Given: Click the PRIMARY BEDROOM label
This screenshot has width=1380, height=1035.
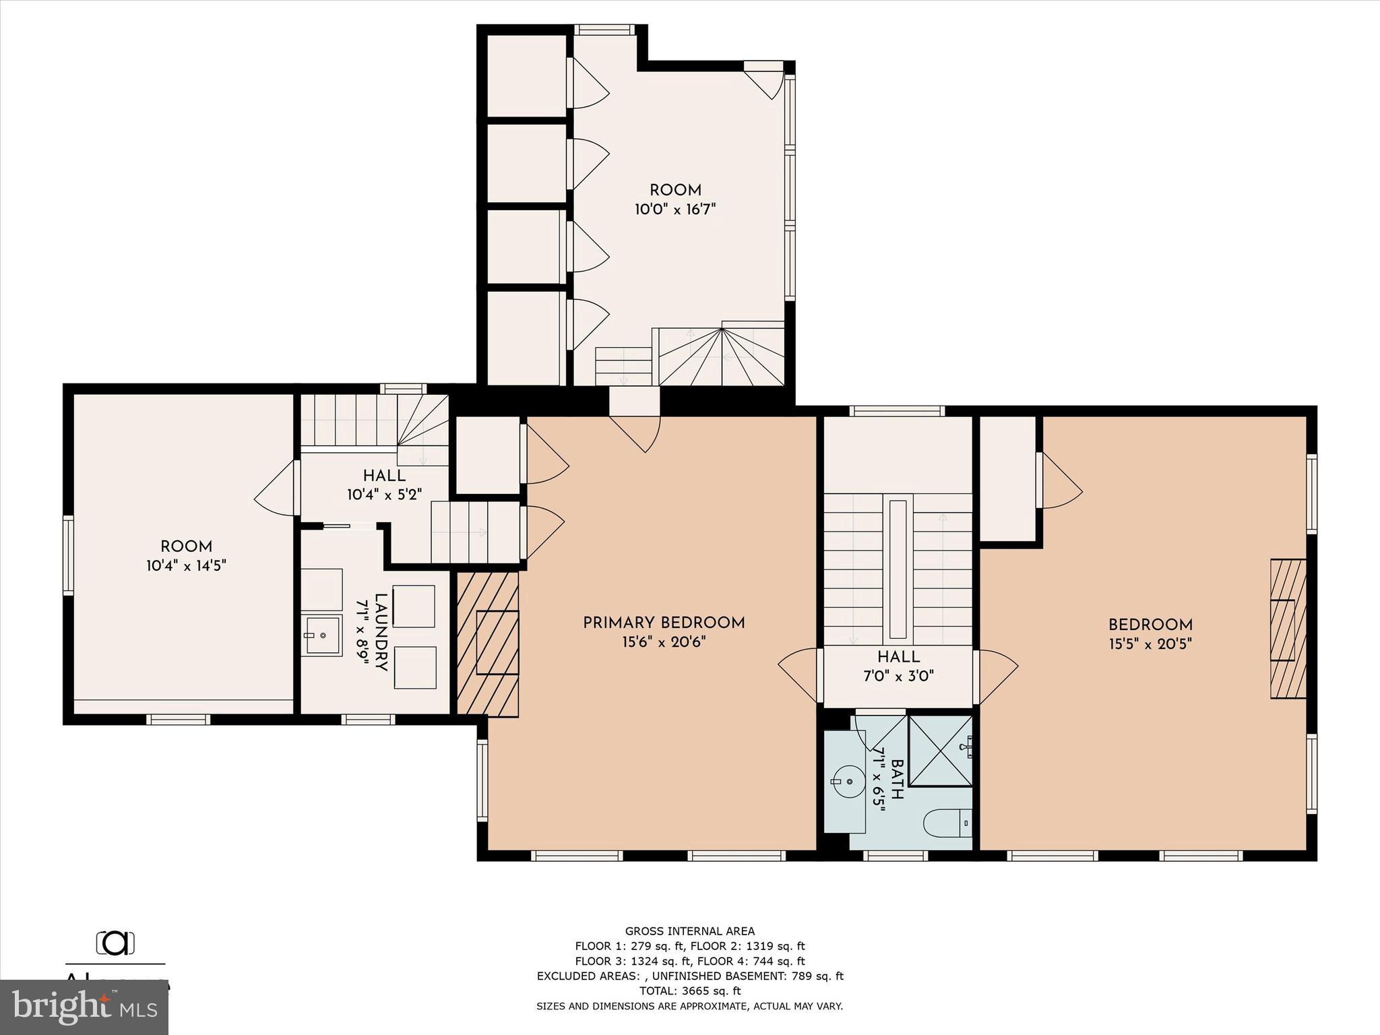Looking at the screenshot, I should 664,623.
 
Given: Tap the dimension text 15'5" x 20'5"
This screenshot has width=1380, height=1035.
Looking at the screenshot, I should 1150,644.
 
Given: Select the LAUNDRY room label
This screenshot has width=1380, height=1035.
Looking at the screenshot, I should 381,632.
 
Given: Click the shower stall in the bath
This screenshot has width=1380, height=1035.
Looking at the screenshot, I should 939,751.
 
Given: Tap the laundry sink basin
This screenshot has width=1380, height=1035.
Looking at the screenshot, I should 321,635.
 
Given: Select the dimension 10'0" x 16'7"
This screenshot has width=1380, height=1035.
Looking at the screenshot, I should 675,210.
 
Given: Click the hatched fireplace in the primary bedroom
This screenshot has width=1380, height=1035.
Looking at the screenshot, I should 488,643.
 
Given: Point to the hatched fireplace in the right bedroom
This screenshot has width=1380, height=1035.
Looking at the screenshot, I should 1288,629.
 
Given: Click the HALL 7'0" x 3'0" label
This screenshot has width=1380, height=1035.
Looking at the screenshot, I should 898,666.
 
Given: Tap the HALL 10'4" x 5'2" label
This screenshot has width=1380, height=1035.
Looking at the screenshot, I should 384,485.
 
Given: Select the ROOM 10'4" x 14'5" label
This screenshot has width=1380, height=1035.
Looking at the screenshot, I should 186,556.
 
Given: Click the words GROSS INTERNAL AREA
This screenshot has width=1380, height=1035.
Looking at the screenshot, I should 689,931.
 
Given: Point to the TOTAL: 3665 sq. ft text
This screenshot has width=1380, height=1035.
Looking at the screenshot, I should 689,991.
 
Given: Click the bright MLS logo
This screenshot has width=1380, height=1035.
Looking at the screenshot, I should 84,1007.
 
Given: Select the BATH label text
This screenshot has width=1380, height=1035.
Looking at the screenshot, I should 896,779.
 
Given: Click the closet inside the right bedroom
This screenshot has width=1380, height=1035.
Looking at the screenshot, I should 1007,478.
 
